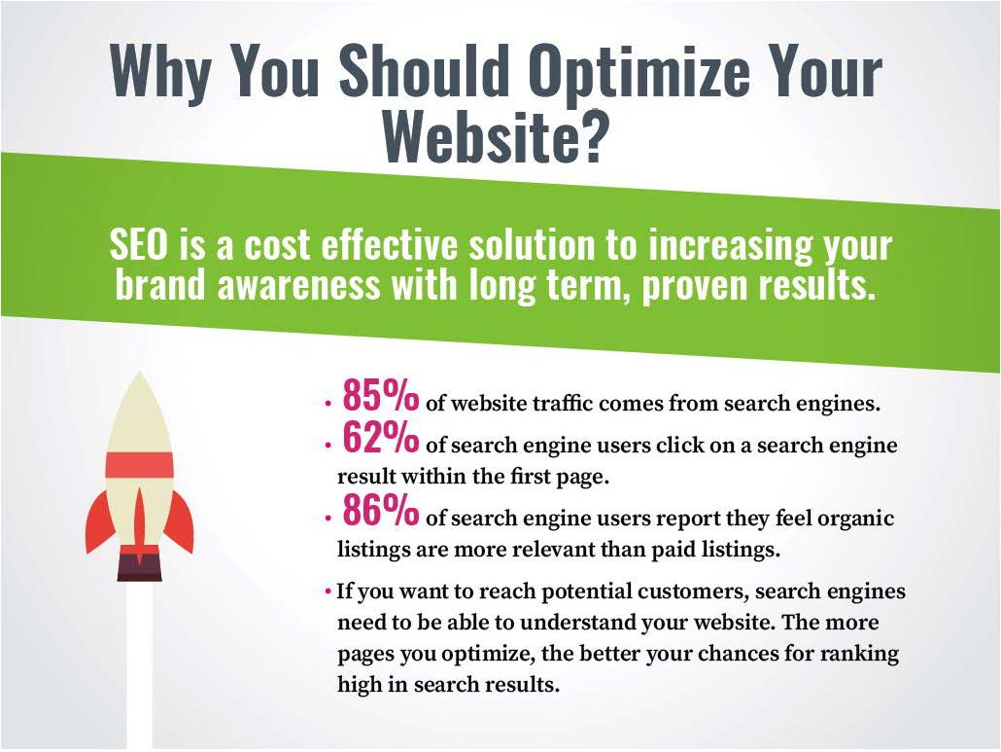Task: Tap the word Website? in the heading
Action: (x=496, y=136)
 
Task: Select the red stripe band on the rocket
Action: (x=139, y=464)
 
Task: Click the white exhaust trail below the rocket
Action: (x=140, y=662)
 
